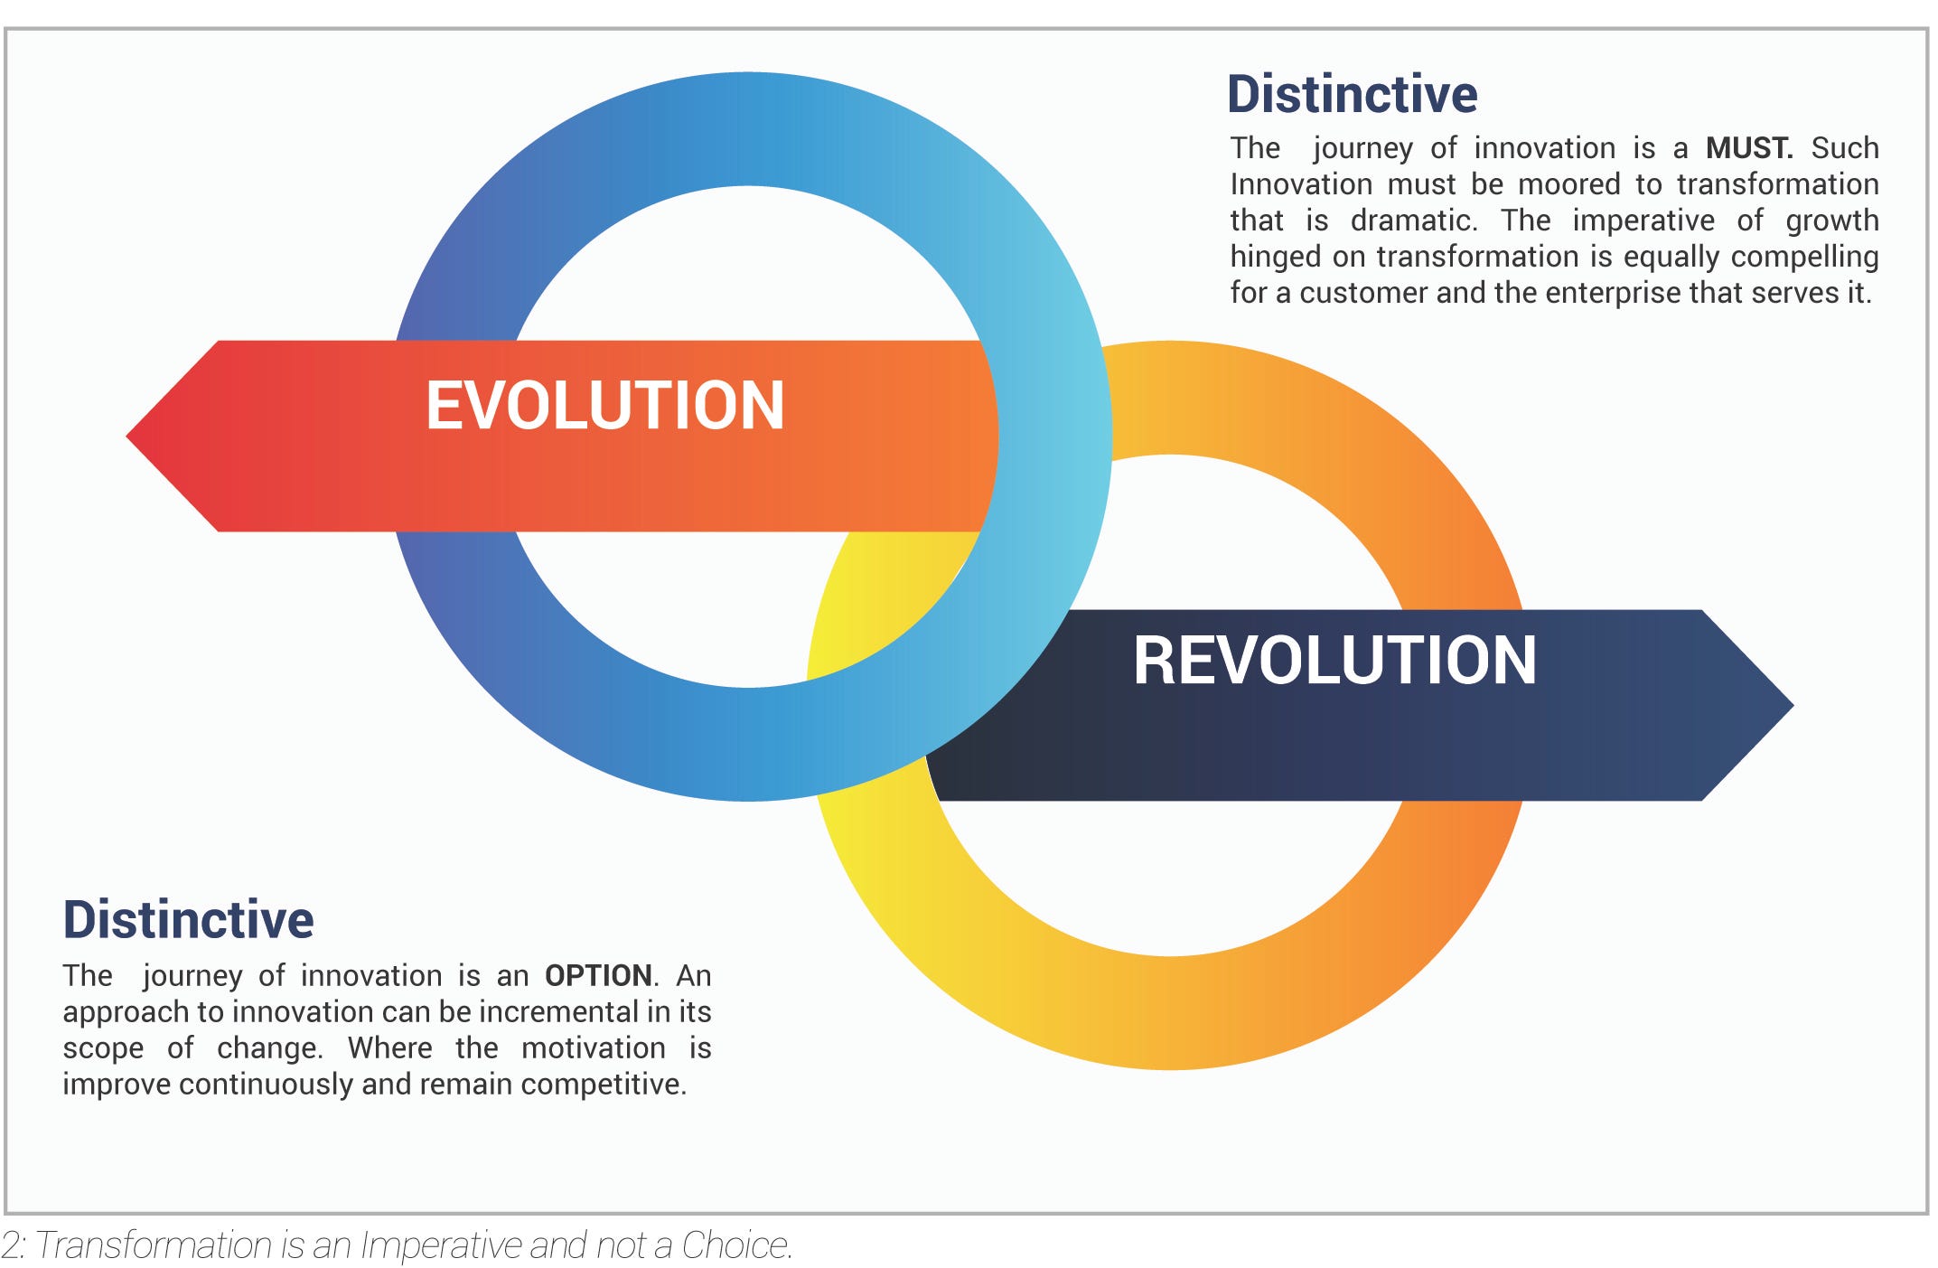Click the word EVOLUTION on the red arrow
pyautogui.click(x=604, y=405)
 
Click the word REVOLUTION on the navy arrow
pyautogui.click(x=1334, y=661)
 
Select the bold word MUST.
pyautogui.click(x=1748, y=148)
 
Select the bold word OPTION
pyautogui.click(x=597, y=976)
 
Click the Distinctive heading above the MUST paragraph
pyautogui.click(x=1352, y=94)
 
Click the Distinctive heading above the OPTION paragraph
pyautogui.click(x=188, y=919)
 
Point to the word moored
pyautogui.click(x=1568, y=184)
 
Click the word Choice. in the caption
pyautogui.click(x=736, y=1245)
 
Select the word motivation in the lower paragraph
pyautogui.click(x=593, y=1048)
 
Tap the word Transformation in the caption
pyautogui.click(x=154, y=1245)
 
